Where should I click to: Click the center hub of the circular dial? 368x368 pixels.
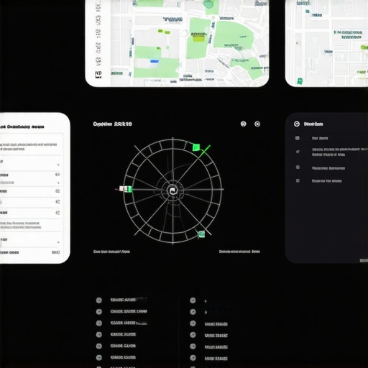coord(172,190)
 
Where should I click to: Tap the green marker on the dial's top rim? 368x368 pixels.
coord(195,147)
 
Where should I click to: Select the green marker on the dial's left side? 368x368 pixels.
coord(127,189)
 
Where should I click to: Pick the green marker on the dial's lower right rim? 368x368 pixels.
coord(201,234)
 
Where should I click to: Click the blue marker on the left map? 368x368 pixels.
coord(154,62)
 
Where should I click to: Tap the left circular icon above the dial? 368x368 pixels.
coord(243,124)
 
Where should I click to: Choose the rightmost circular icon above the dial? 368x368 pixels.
coord(257,124)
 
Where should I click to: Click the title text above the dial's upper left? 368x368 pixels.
coord(113,124)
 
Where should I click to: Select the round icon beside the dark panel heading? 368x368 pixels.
coord(297,124)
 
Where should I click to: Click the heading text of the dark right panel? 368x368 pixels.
coord(314,124)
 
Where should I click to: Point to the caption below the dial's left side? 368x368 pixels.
coord(111,252)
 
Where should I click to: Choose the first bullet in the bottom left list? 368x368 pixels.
coord(99,300)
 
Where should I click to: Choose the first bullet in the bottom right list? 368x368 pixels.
coord(193,300)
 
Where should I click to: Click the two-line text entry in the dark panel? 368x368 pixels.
coord(328,152)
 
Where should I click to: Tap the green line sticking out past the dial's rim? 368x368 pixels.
coord(206,150)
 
